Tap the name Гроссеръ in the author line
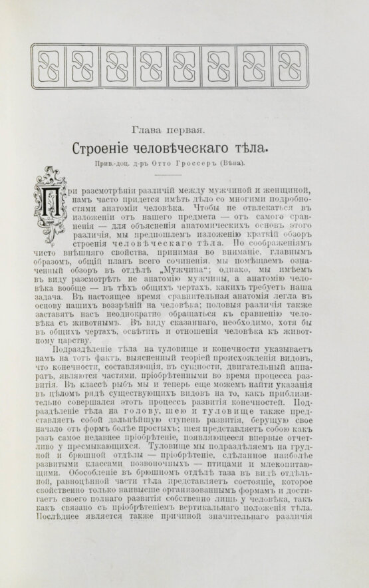pos(220,162)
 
